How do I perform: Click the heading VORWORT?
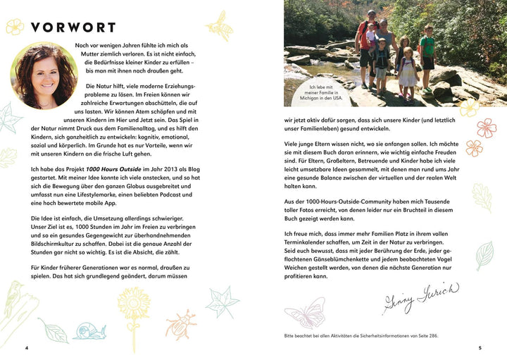pyautogui.click(x=73, y=28)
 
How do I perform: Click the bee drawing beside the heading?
pyautogui.click(x=220, y=25)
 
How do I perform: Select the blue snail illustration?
pyautogui.click(x=89, y=330)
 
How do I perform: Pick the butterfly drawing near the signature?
pyautogui.click(x=304, y=312)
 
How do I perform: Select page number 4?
pyautogui.click(x=26, y=348)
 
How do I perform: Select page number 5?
pyautogui.click(x=480, y=348)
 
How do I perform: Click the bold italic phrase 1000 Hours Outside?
pyautogui.click(x=120, y=170)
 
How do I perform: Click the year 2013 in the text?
pyautogui.click(x=199, y=170)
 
